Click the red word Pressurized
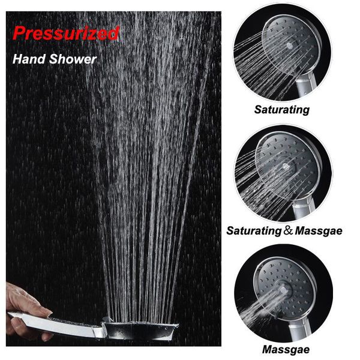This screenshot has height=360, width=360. click(x=66, y=33)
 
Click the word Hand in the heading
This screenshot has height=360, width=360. click(x=29, y=59)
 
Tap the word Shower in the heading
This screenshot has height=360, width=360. click(x=73, y=59)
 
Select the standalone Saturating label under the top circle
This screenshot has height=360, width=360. click(x=282, y=110)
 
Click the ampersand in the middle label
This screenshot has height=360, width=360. click(x=288, y=230)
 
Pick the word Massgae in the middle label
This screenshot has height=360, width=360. click(x=319, y=231)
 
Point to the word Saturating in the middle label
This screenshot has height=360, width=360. click(x=254, y=231)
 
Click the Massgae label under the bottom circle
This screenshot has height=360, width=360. click(x=286, y=350)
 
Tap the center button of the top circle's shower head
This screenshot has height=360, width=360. click(x=290, y=46)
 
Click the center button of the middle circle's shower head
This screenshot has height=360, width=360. click(x=286, y=166)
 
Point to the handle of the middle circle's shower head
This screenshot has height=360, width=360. click(x=304, y=208)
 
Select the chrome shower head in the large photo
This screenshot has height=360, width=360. click(x=140, y=330)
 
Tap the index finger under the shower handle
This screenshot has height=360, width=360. click(x=30, y=331)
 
